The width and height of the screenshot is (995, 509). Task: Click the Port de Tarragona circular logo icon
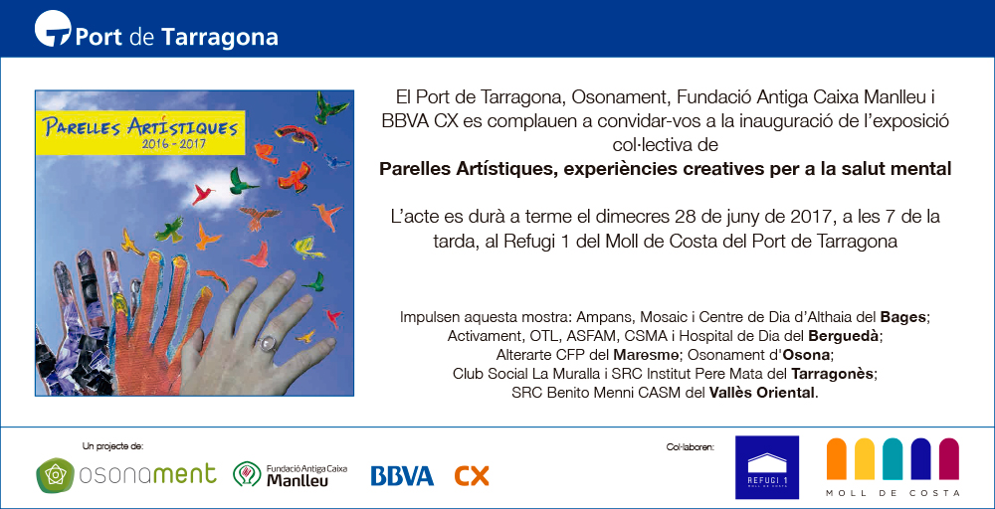(53, 29)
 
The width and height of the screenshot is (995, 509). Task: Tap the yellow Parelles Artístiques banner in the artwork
(140, 131)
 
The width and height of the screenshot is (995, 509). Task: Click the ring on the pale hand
(266, 344)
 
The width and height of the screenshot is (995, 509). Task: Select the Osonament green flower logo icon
(55, 475)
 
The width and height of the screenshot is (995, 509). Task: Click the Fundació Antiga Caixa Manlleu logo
(291, 475)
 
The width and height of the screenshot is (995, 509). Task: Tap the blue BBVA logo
(402, 476)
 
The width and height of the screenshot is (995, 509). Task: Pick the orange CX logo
(472, 476)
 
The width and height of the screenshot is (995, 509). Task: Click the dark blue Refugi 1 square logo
(767, 467)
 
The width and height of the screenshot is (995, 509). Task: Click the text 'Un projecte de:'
(113, 446)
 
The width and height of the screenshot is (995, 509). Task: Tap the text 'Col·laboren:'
(689, 447)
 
